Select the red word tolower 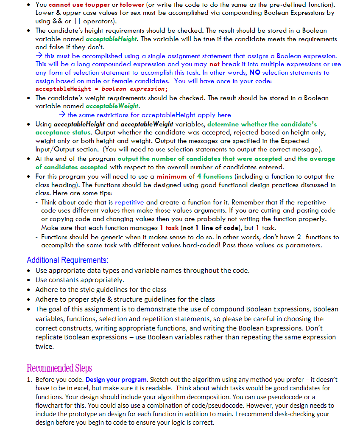click(x=132, y=5)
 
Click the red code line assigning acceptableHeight click(x=101, y=89)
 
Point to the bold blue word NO click(x=255, y=73)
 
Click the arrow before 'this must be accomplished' click(x=39, y=56)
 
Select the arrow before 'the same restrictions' click(x=62, y=115)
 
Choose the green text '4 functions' click(x=215, y=176)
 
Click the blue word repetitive click(x=129, y=202)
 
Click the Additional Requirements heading click(x=67, y=260)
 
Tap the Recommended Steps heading click(x=59, y=368)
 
